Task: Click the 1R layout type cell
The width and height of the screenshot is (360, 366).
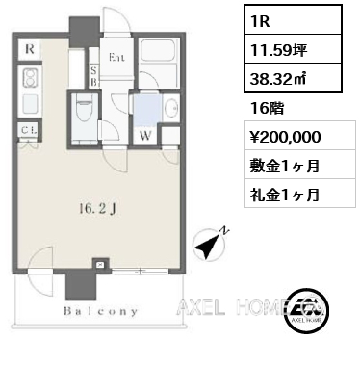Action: point(293,19)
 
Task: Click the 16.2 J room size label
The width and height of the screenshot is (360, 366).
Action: point(96,209)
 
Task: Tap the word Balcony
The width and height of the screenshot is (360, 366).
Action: point(101,311)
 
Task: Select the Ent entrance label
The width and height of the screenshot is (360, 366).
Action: point(116,58)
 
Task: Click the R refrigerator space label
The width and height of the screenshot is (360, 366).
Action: point(30,49)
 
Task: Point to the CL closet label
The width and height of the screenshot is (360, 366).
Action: point(30,131)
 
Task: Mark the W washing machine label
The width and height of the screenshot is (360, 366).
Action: point(145,136)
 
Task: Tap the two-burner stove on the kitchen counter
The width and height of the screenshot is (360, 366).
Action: point(30,78)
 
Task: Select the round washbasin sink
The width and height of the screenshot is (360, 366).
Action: point(169,108)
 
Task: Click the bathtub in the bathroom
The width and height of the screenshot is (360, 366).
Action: point(158,52)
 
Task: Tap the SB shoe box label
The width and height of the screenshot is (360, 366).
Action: point(94,77)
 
